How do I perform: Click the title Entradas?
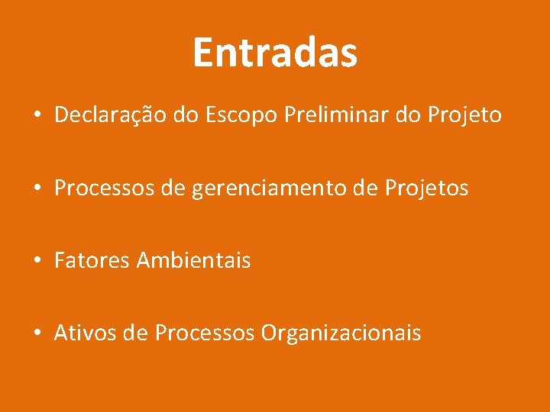point(275,53)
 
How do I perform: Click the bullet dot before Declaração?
point(37,117)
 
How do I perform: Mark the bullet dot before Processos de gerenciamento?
point(37,189)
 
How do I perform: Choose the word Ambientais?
point(193,261)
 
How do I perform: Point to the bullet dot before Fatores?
point(37,262)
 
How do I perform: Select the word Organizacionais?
point(341,333)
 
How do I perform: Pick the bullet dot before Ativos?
point(37,334)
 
